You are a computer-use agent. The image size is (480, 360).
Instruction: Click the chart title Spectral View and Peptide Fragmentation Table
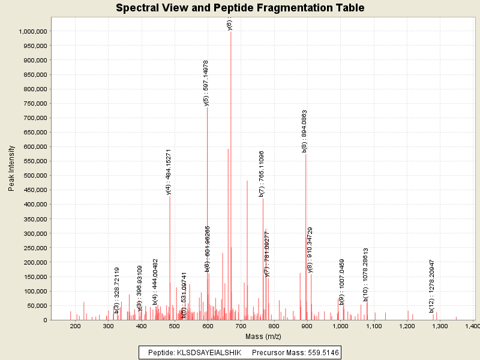[x=240, y=8]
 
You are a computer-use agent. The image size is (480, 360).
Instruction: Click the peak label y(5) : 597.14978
[x=206, y=83]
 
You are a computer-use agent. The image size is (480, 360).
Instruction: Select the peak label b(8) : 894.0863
[x=305, y=131]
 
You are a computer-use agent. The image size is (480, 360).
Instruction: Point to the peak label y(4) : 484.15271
[x=169, y=172]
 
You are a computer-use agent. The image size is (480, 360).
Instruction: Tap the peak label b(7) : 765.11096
[x=262, y=174]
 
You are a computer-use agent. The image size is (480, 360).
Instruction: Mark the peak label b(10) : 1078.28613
[x=365, y=274]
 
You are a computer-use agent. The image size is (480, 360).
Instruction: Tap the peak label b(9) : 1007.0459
[x=341, y=282]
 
